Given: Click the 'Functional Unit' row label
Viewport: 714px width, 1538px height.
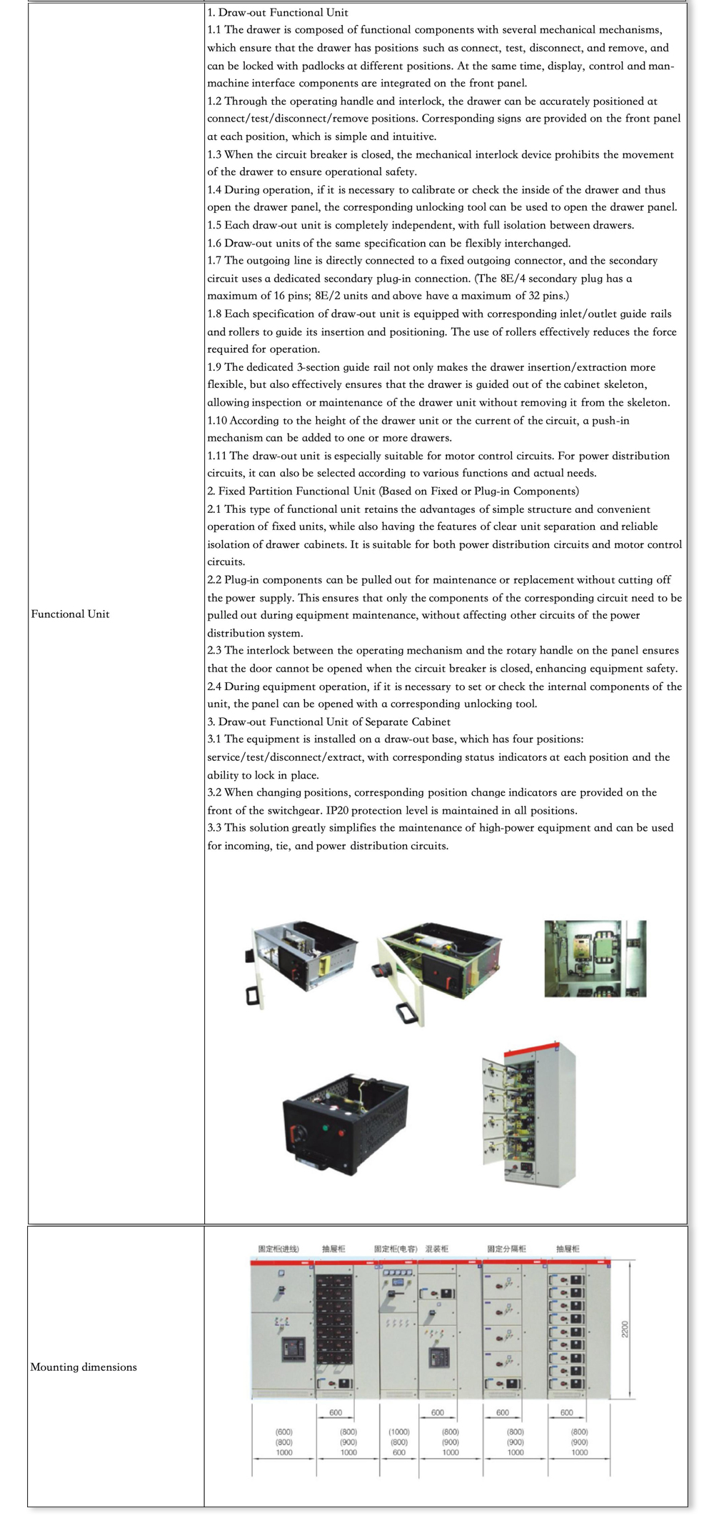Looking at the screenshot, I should (70, 614).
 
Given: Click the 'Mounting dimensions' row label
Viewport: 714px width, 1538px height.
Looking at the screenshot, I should (84, 1367).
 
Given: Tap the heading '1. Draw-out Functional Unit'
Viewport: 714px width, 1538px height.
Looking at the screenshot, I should (278, 12).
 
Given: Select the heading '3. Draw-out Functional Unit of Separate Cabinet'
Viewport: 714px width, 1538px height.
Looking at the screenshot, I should (328, 721).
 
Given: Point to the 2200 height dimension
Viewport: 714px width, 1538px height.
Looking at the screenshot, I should (625, 1329).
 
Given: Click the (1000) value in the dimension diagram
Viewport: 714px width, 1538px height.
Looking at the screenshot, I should (399, 1432).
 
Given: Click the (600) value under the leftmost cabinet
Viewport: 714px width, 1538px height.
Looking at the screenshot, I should (283, 1432).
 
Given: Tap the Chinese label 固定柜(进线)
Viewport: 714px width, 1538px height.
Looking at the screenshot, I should (278, 1249).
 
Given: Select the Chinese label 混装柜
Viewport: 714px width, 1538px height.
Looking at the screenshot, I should (437, 1249).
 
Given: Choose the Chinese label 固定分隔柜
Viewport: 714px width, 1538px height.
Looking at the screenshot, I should (507, 1249).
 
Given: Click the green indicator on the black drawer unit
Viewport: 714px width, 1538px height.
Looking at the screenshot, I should (326, 1128).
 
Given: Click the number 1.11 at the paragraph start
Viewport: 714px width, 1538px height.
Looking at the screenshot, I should (217, 456).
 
